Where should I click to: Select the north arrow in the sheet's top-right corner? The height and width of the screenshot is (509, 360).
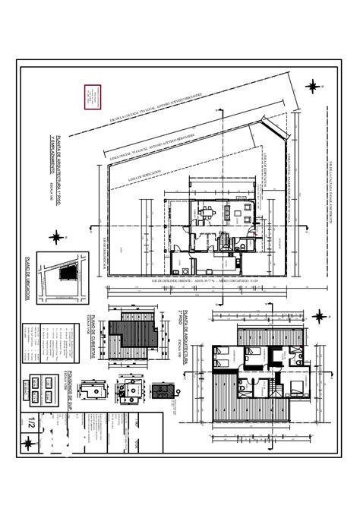(313, 87)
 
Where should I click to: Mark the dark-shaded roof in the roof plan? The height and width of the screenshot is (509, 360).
(129, 335)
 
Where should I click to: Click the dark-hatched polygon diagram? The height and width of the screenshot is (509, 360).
(159, 392)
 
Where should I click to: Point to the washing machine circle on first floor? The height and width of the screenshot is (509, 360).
(186, 270)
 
